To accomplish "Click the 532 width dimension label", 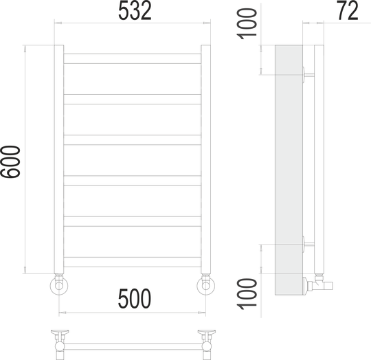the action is [135, 11].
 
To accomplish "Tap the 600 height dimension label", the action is [10, 161].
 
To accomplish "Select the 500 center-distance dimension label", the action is [135, 298].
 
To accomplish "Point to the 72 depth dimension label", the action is [348, 10].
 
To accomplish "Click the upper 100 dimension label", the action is [247, 24].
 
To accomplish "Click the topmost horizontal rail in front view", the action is [133, 58].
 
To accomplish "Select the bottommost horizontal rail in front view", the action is [133, 262].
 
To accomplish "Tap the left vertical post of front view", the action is [59, 159].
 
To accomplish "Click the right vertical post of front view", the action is [205, 159].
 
